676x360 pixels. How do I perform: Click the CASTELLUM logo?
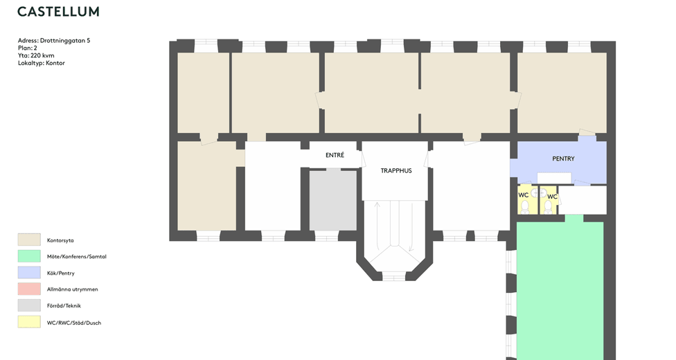(x=58, y=12)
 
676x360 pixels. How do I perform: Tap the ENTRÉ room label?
(x=335, y=156)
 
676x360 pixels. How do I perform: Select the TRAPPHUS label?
(x=396, y=170)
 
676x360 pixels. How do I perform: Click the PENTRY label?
(x=563, y=159)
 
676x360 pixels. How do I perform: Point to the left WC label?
(x=524, y=195)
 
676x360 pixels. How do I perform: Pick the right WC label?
(x=552, y=197)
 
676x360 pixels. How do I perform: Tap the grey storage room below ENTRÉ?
(x=332, y=200)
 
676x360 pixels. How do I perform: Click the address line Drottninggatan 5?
(x=54, y=41)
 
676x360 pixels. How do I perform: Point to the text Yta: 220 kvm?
(x=36, y=55)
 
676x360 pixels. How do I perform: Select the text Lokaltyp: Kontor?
(x=42, y=63)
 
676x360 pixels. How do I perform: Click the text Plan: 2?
(x=28, y=48)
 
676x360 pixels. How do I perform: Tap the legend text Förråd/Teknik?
(x=64, y=306)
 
